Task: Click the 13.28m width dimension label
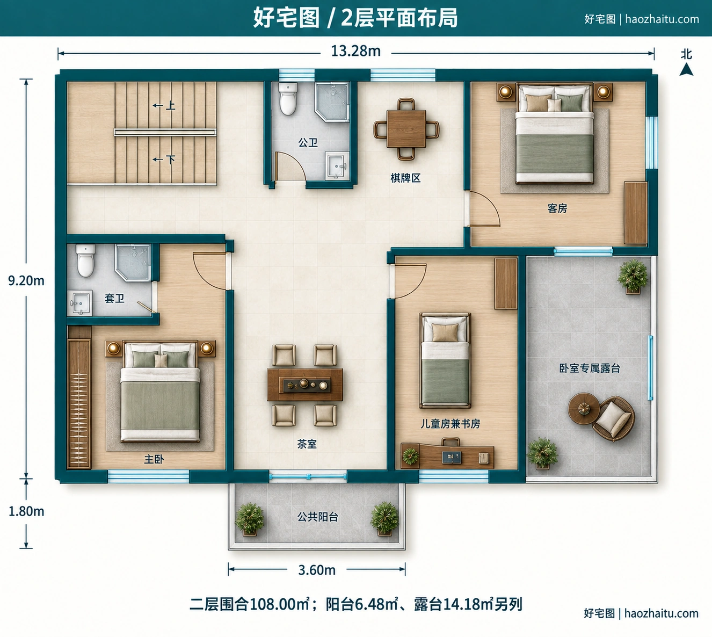pyautogui.click(x=355, y=52)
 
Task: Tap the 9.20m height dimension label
pyautogui.click(x=26, y=280)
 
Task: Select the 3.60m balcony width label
pyautogui.click(x=317, y=570)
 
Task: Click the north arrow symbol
pyautogui.click(x=686, y=69)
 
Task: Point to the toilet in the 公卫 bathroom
pyautogui.click(x=288, y=99)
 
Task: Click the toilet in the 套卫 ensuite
pyautogui.click(x=86, y=260)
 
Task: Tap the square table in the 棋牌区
pyautogui.click(x=406, y=129)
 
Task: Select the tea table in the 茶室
pyautogui.click(x=304, y=385)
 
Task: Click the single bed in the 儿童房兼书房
pyautogui.click(x=445, y=360)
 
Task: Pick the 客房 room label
pyautogui.click(x=557, y=208)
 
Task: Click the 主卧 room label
pyautogui.click(x=154, y=459)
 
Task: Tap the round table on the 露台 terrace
pyautogui.click(x=584, y=409)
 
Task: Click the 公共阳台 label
pyautogui.click(x=318, y=517)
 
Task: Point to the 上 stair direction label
pyautogui.click(x=171, y=105)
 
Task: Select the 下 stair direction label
pyautogui.click(x=171, y=159)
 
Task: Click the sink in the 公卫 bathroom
pyautogui.click(x=337, y=165)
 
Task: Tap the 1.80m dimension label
pyautogui.click(x=26, y=511)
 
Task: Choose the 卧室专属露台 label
pyautogui.click(x=590, y=368)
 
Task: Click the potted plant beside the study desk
pyautogui.click(x=410, y=455)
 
